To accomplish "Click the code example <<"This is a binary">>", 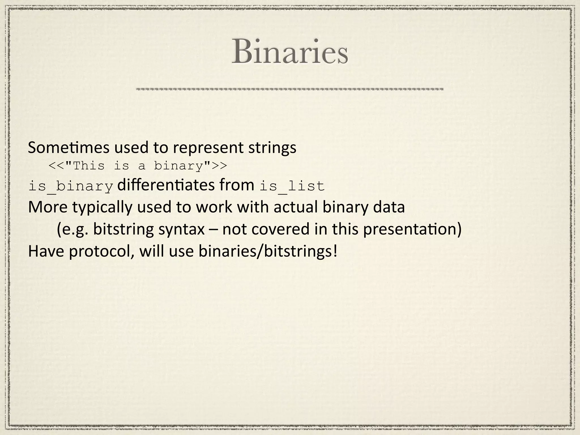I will [138, 166].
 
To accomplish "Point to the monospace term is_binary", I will [71, 187].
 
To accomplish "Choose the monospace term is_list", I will [292, 187].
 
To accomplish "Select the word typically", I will [102, 207].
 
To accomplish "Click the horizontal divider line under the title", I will [289, 89].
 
